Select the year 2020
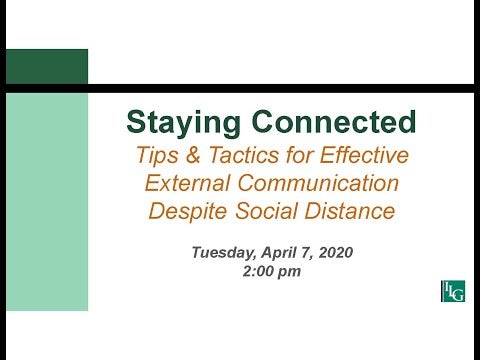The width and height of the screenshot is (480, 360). tap(338, 253)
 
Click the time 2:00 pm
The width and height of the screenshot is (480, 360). tap(271, 271)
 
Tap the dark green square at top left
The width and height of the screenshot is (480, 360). tap(46, 66)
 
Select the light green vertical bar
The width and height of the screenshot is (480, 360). tap(46, 200)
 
